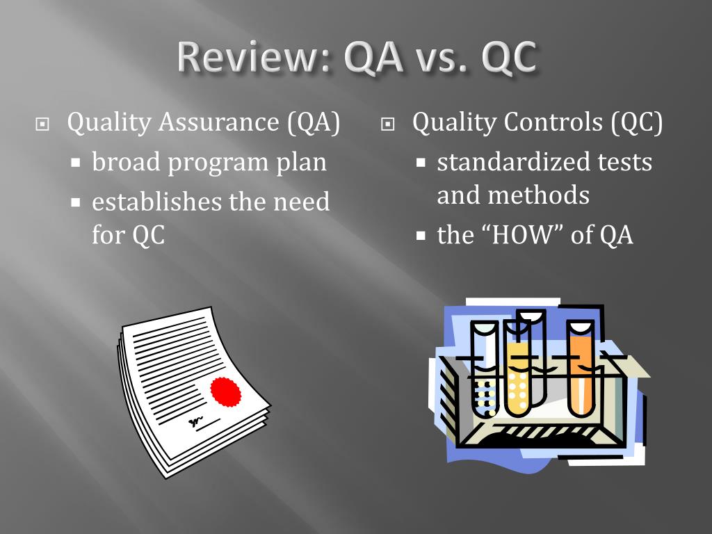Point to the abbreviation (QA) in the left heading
(314, 123)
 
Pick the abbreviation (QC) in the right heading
(637, 123)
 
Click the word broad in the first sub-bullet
(125, 163)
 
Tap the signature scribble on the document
(196, 421)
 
